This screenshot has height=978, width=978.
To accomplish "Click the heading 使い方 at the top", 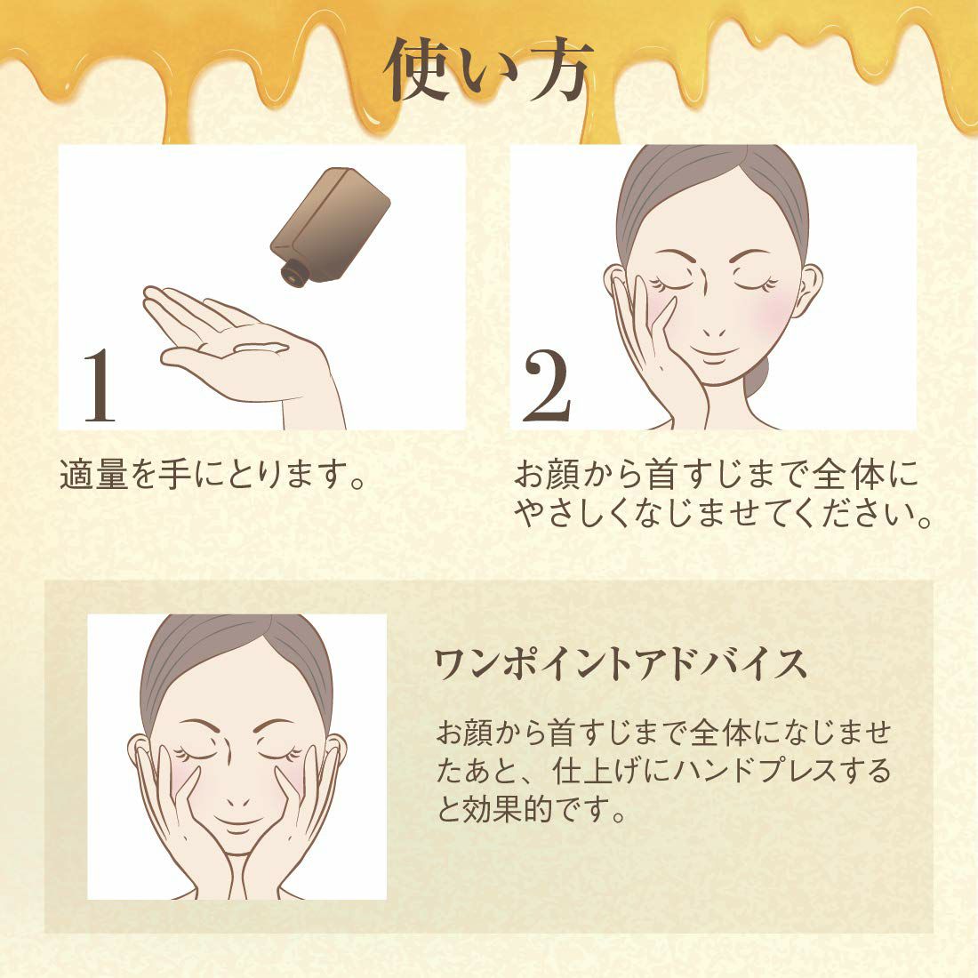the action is pyautogui.click(x=488, y=70).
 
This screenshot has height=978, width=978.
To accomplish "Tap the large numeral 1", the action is pyautogui.click(x=100, y=385).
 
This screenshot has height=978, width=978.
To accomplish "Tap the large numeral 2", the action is pyautogui.click(x=547, y=384).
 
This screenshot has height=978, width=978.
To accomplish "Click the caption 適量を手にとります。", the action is pyautogui.click(x=212, y=475).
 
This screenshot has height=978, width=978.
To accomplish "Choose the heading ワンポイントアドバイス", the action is pyautogui.click(x=620, y=663).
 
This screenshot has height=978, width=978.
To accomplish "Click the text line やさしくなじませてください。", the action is pyautogui.click(x=722, y=513).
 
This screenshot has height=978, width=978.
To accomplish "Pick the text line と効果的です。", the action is pyautogui.click(x=530, y=810).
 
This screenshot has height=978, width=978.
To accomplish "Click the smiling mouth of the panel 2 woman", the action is pyautogui.click(x=714, y=354).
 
